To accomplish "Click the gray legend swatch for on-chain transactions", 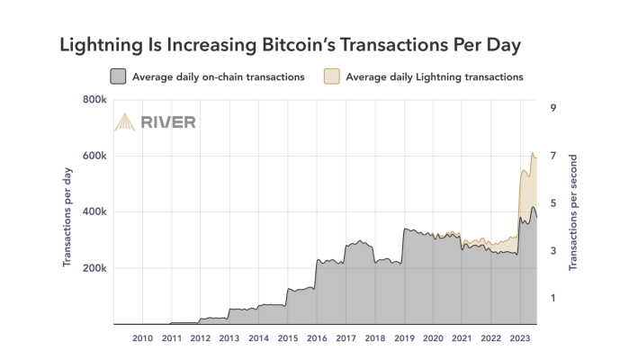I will [x=117, y=76].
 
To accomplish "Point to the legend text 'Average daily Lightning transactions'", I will [x=436, y=76].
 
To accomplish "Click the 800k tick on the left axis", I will [x=94, y=99].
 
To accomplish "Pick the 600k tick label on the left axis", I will [x=94, y=156].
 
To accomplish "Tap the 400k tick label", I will [x=94, y=212].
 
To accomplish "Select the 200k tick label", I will [x=94, y=268].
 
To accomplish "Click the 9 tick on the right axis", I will [x=553, y=108].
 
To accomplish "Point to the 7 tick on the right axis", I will [x=553, y=156].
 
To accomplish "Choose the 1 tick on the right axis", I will [x=553, y=298].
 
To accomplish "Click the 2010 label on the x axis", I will [x=142, y=338].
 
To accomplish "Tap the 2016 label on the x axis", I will [x=316, y=338].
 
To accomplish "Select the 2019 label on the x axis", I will [x=403, y=338].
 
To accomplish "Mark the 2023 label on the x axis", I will [x=519, y=338].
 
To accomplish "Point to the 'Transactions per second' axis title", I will [x=573, y=212].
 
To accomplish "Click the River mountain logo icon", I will [x=124, y=122].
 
